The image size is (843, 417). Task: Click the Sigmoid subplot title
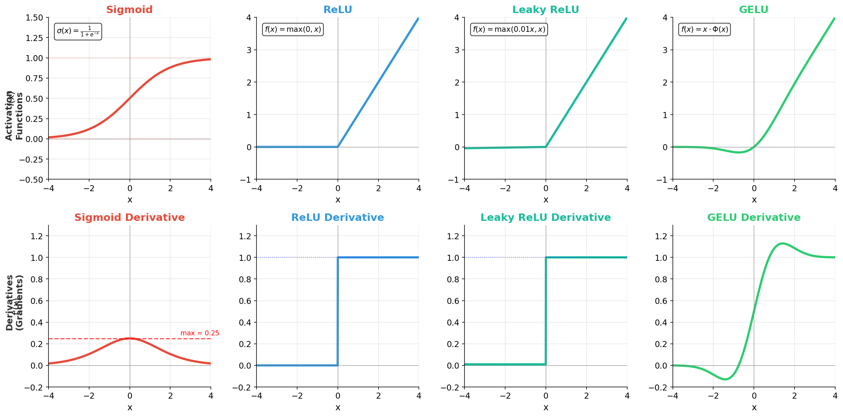pos(129,10)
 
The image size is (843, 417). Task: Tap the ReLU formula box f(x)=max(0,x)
pos(293,29)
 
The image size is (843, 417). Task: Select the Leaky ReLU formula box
pos(509,29)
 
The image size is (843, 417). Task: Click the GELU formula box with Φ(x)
pos(705,29)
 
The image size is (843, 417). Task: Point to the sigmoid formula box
pos(78,31)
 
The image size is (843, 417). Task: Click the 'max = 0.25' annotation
pos(200,333)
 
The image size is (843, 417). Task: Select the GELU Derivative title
pos(753,217)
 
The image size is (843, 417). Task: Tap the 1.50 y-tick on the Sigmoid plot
pos(34,18)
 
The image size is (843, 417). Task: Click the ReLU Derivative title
pos(337,217)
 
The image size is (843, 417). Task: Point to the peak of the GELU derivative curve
pos(783,243)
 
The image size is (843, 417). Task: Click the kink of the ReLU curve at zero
pos(338,147)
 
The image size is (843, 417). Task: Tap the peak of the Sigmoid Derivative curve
pos(130,338)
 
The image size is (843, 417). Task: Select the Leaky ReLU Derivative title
pos(545,217)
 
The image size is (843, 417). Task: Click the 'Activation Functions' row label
pos(14,116)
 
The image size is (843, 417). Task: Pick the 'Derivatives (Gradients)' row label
pos(14,303)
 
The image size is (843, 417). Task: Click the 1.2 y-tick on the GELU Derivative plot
pos(661,236)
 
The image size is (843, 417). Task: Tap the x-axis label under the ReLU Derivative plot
pos(338,407)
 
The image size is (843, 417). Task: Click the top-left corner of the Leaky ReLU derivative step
pos(546,258)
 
